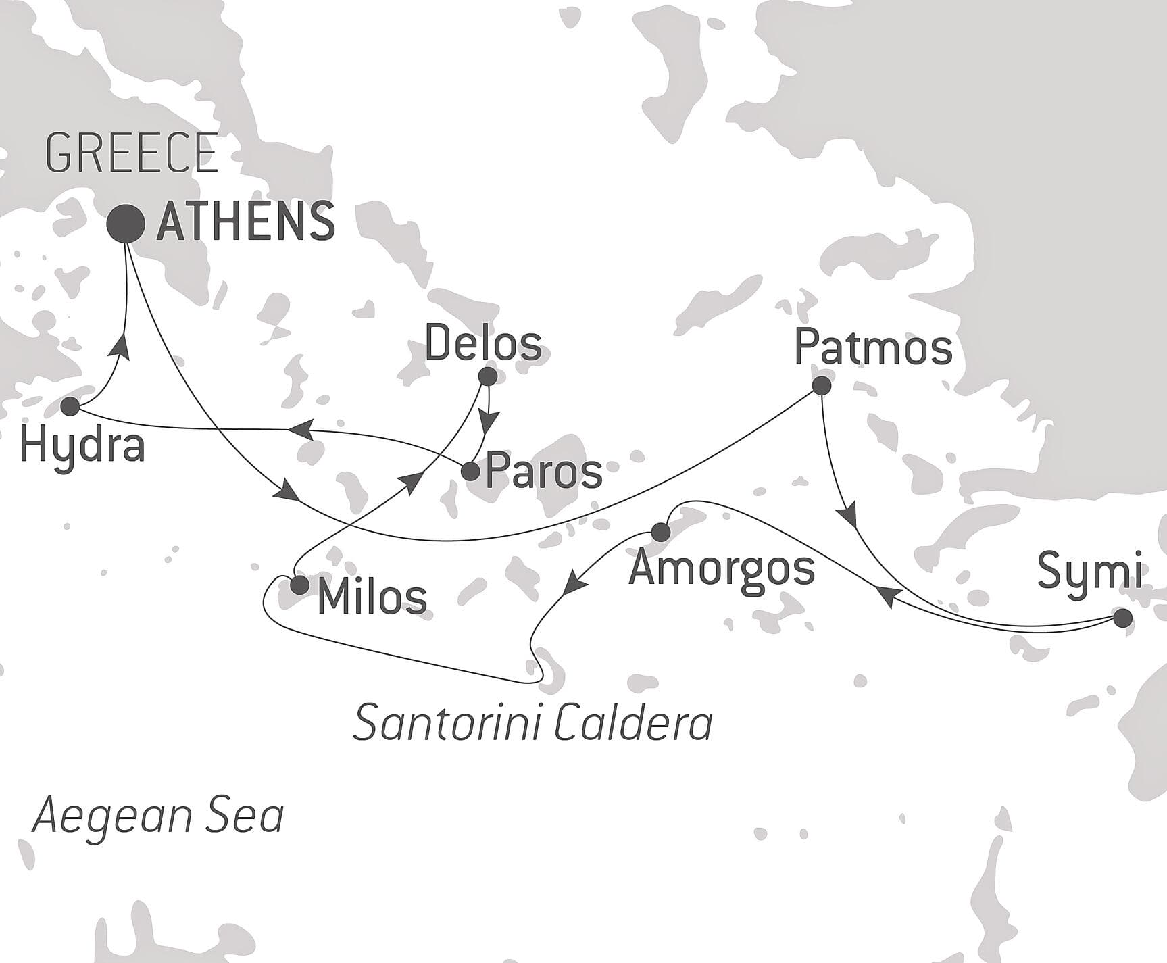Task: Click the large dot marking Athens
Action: coord(126,224)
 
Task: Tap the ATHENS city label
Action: coord(246,222)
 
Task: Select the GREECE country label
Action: coord(132,153)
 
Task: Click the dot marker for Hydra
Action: coord(70,407)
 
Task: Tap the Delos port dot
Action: coord(487,376)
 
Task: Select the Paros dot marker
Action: coord(470,472)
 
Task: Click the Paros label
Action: coord(544,472)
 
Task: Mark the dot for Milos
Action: coord(299,585)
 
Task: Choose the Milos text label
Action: coord(372,597)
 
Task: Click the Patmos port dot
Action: coord(821,386)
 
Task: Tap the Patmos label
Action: coord(873,348)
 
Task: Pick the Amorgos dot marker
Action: coord(660,533)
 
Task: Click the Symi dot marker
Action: coord(1122,618)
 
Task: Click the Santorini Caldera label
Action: coord(532,723)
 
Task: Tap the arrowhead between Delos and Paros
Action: coord(488,421)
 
